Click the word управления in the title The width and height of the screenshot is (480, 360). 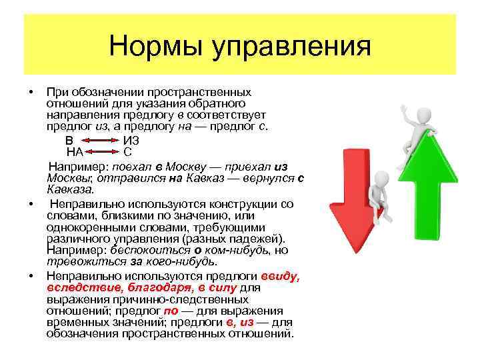pos(291,48)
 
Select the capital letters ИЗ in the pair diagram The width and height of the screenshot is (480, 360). pos(131,140)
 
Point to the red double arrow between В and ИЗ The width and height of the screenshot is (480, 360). pos(99,141)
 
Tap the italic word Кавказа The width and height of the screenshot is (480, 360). pos(66,189)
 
